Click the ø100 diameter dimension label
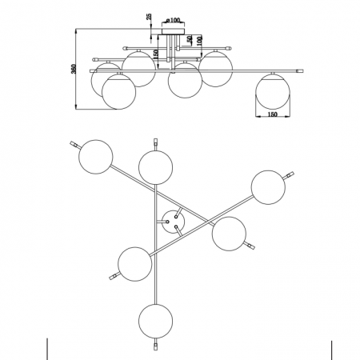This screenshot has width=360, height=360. tap(173, 20)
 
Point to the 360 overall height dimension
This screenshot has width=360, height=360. tap(74, 69)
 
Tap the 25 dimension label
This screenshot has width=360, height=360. tap(149, 16)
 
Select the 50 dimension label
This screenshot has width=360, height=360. tap(190, 39)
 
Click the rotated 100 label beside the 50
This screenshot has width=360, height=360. tap(199, 41)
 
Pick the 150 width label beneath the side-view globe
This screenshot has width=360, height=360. tap(272, 114)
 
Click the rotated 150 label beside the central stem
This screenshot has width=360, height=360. tap(156, 54)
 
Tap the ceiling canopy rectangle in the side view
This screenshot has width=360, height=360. tap(173, 31)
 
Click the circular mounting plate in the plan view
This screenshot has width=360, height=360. tap(173, 222)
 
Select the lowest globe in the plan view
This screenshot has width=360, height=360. tap(156, 321)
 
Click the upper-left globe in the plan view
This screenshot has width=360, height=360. tap(96, 157)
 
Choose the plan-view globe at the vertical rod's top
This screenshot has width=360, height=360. tap(156, 167)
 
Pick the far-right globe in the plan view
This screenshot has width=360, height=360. tap(268, 187)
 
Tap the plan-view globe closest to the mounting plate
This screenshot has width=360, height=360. tap(229, 234)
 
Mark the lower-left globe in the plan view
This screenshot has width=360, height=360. tap(135, 264)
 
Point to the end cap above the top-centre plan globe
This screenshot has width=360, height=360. tap(156, 144)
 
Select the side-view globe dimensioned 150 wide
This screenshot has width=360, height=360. tap(273, 92)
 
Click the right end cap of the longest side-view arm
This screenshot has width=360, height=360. tap(300, 71)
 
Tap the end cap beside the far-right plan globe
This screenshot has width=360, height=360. tap(289, 176)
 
